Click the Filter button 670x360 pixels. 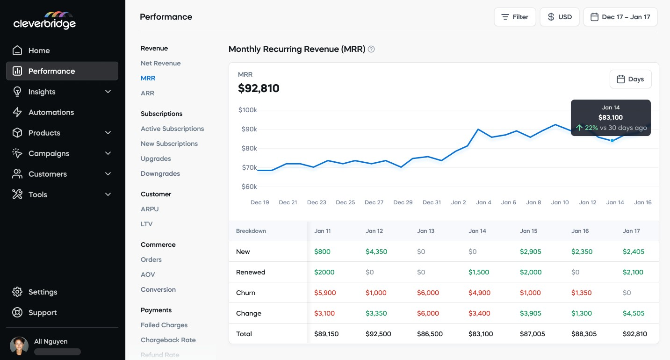[515, 17]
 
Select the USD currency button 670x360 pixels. [560, 17]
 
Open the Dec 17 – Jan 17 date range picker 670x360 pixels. [620, 17]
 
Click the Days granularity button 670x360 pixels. [630, 79]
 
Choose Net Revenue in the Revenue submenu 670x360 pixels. [160, 63]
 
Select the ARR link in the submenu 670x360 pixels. [147, 93]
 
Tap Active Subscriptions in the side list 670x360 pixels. [172, 129]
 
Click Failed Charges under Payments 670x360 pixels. [164, 325]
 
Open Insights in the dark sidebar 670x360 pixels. [42, 92]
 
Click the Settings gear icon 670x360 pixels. [17, 292]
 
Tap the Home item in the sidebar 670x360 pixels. [39, 50]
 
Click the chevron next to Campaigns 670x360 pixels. [108, 153]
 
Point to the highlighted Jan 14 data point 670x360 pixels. [612, 140]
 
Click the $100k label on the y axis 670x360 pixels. [247, 110]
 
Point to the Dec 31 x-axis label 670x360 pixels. [432, 202]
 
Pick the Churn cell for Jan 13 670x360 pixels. [428, 293]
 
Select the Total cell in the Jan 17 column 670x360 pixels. [634, 334]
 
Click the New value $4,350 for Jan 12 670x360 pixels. [376, 252]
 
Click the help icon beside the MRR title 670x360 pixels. [371, 49]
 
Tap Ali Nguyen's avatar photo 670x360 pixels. [19, 346]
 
